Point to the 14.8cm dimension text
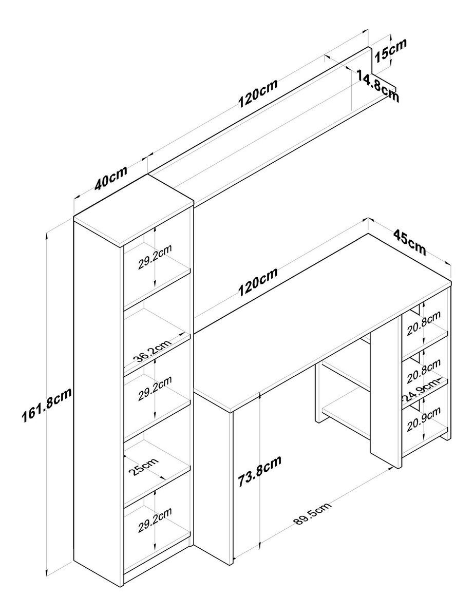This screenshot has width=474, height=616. (x=377, y=85)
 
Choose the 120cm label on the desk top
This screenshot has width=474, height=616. (x=257, y=282)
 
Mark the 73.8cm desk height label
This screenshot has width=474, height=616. (x=259, y=473)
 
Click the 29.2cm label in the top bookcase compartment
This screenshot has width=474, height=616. (x=155, y=257)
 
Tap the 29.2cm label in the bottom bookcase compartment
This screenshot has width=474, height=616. (x=155, y=520)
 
